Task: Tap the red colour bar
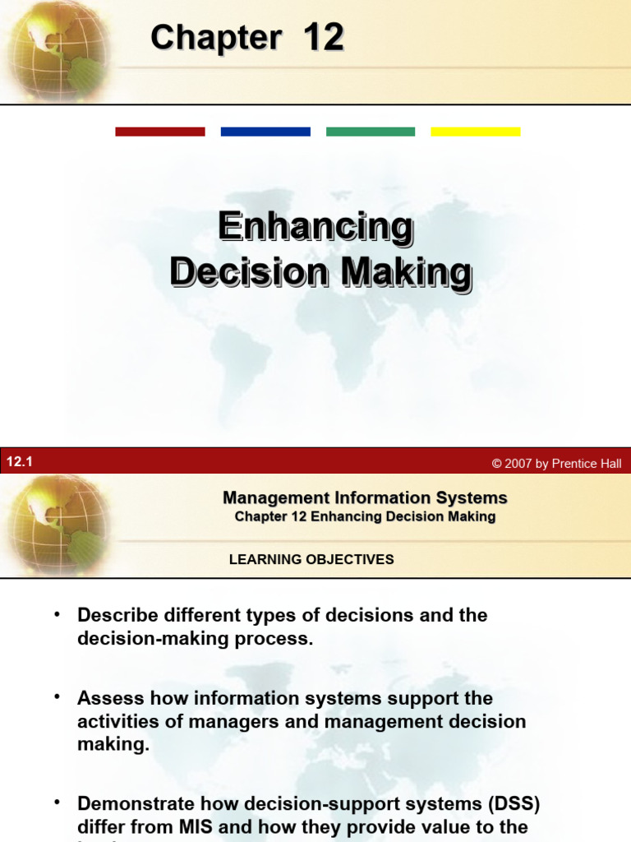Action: point(160,132)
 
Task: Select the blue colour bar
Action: point(265,132)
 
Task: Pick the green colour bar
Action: point(371,132)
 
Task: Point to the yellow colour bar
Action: point(476,132)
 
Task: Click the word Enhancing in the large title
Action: point(315,228)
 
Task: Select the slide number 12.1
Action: point(19,462)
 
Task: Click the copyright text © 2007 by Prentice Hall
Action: point(556,464)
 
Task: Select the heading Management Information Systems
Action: point(365,497)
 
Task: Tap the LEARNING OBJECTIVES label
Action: point(311,560)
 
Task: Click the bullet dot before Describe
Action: point(58,614)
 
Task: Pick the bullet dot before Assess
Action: point(58,697)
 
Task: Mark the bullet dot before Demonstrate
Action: point(58,802)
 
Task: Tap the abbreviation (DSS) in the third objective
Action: point(511,803)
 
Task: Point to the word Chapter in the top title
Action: point(216,39)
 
